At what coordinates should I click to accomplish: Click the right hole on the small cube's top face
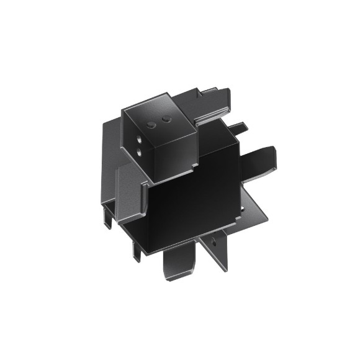tap(166, 117)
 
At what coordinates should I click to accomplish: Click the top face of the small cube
tap(158, 112)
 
